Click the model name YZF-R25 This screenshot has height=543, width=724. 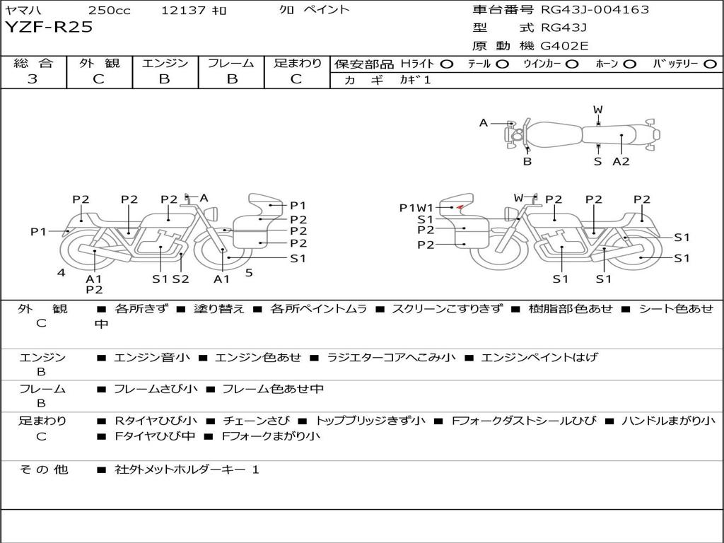click(x=49, y=28)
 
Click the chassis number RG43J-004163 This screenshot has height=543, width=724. click(x=595, y=9)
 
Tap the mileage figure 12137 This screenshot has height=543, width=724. click(x=184, y=10)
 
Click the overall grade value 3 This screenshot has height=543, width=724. click(x=33, y=79)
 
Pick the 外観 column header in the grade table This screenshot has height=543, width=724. click(x=99, y=63)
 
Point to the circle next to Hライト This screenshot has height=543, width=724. click(x=447, y=64)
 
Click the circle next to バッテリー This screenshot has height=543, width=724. click(x=710, y=64)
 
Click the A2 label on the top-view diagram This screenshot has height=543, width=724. click(x=621, y=161)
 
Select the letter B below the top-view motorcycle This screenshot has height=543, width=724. click(x=527, y=161)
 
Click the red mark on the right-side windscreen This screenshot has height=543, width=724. click(x=460, y=207)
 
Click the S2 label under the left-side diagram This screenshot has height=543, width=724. click(x=180, y=279)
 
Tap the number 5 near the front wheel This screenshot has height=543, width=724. click(x=249, y=273)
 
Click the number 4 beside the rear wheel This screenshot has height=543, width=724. click(x=62, y=272)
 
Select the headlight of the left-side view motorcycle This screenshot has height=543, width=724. click(x=213, y=214)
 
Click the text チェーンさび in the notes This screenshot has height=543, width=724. click(x=257, y=421)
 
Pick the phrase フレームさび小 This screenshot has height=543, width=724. click(x=156, y=390)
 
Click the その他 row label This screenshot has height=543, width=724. click(x=44, y=469)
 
